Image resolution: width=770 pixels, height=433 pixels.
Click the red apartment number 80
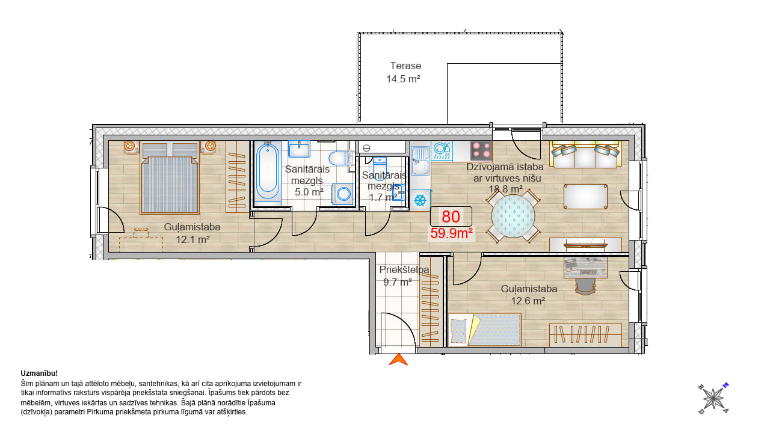point(451,216)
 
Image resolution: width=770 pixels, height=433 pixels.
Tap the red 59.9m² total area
point(451,233)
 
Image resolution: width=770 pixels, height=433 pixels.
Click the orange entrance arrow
point(398,360)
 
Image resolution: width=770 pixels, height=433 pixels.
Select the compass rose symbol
point(713,399)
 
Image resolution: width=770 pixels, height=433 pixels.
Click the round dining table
point(513,216)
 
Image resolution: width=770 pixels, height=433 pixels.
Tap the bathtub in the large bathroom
point(268,172)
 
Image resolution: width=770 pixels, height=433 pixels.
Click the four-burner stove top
point(481,151)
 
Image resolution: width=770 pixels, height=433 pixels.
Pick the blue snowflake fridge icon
point(420,200)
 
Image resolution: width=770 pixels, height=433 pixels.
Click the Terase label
point(405,66)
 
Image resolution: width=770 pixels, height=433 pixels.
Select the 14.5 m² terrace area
point(403,79)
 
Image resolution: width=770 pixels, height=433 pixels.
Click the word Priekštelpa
point(404,270)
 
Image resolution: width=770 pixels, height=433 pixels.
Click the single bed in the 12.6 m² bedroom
point(484,330)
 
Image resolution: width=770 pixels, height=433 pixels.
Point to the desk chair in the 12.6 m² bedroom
point(585,286)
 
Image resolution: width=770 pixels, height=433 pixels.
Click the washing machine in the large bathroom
point(342,194)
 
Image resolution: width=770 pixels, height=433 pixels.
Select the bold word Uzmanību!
point(39,373)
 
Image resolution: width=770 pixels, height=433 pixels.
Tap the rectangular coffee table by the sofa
point(585,197)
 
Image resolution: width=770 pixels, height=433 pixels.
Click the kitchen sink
point(420,161)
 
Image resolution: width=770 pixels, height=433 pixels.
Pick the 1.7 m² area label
point(383,198)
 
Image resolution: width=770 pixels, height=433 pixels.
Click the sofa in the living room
point(586,155)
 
